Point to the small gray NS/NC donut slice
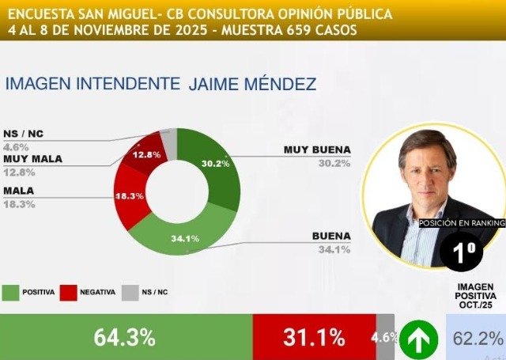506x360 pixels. coord(168,137)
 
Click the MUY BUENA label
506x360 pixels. coord(316,149)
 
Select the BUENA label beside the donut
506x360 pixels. coord(332,236)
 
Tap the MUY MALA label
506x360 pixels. coord(33,158)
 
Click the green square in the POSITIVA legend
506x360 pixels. coord(11,292)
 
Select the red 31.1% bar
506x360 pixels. coord(314,338)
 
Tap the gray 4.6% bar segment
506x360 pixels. coord(385,338)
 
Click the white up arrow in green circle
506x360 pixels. coord(419,339)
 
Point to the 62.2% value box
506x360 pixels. coord(476,339)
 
